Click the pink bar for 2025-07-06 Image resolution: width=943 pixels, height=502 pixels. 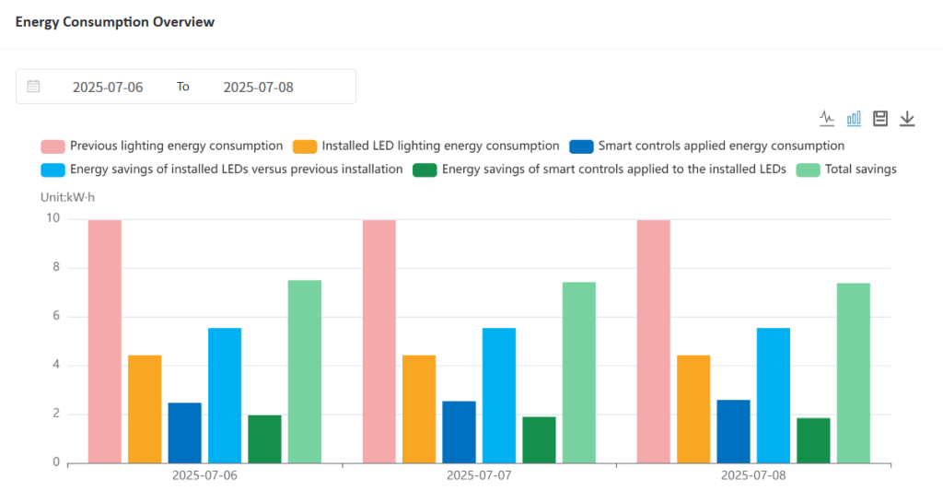pyautogui.click(x=105, y=341)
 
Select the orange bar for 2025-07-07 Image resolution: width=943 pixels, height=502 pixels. pyautogui.click(x=419, y=408)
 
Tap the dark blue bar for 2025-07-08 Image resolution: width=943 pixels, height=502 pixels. pyautogui.click(x=733, y=431)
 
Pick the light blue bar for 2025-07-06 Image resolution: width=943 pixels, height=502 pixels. pyautogui.click(x=225, y=395)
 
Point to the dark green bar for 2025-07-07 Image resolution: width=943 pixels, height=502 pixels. pyautogui.click(x=539, y=439)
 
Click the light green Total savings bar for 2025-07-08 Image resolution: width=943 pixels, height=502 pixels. pyautogui.click(x=853, y=372)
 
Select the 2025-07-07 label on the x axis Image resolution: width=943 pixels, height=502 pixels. pyautogui.click(x=480, y=476)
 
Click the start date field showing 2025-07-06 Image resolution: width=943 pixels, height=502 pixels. pyautogui.click(x=108, y=87)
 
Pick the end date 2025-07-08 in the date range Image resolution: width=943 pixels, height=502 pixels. pyautogui.click(x=259, y=87)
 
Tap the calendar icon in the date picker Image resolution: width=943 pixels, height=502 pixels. pyautogui.click(x=34, y=87)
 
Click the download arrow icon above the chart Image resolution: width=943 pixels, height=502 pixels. pyautogui.click(x=907, y=118)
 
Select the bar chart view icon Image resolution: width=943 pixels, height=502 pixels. pyautogui.click(x=854, y=118)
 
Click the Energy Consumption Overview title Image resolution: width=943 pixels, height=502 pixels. pyautogui.click(x=115, y=21)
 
